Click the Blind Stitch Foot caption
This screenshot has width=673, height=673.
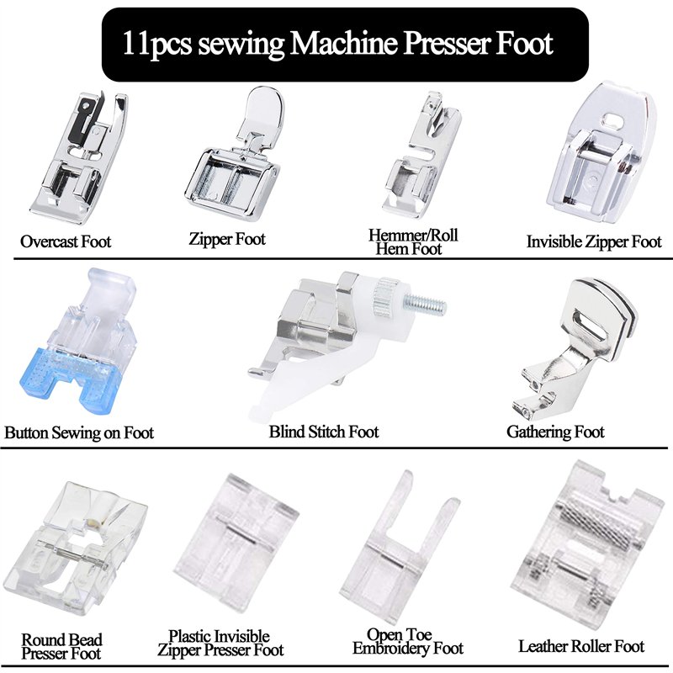[324, 432]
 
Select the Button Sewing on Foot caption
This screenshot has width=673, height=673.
[79, 433]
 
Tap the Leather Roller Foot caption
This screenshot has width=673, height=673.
[581, 646]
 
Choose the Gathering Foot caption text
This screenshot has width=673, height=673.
[555, 432]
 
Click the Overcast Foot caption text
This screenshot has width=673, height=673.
[66, 241]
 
